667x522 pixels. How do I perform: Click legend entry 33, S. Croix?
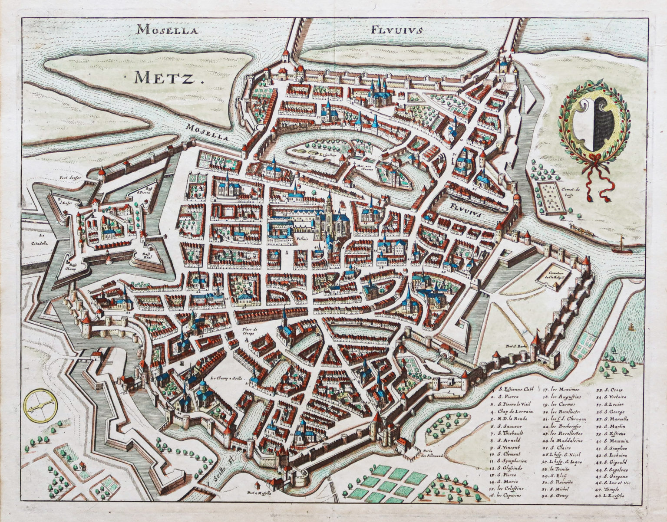609,389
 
